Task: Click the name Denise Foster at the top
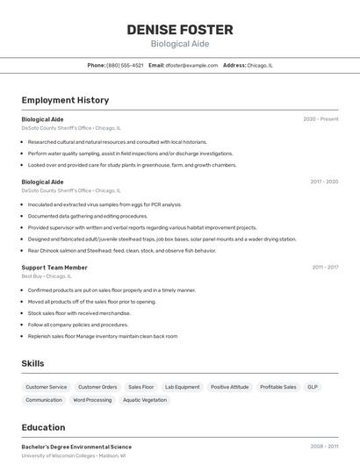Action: (x=179, y=29)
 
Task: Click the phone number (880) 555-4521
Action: (x=125, y=65)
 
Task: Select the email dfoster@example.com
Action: (x=191, y=65)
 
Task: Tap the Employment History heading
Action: (x=65, y=100)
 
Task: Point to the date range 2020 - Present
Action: (x=320, y=118)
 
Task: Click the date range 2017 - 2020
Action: (x=324, y=182)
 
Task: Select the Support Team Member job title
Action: (x=54, y=267)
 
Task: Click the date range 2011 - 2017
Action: (x=325, y=267)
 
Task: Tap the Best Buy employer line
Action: (x=47, y=275)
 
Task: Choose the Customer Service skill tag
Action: (x=46, y=387)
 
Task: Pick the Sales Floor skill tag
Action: (x=140, y=387)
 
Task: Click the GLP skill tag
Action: (x=313, y=387)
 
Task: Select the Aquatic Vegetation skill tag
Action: (x=145, y=400)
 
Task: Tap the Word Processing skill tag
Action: (x=92, y=400)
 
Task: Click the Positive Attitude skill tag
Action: (x=229, y=387)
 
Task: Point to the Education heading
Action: (x=43, y=428)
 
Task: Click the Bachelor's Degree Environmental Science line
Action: (x=76, y=447)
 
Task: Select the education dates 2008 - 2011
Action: (x=324, y=447)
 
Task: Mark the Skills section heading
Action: (x=32, y=363)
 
